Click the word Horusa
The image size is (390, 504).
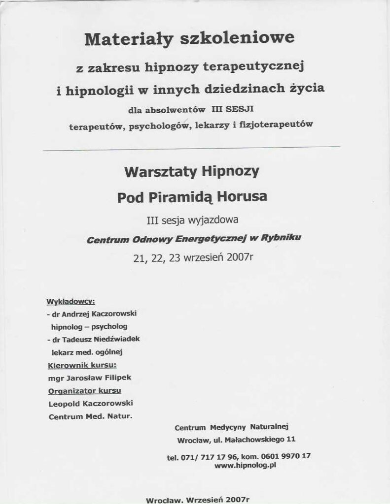coord(242,197)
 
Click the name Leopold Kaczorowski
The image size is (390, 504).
coord(91,404)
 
